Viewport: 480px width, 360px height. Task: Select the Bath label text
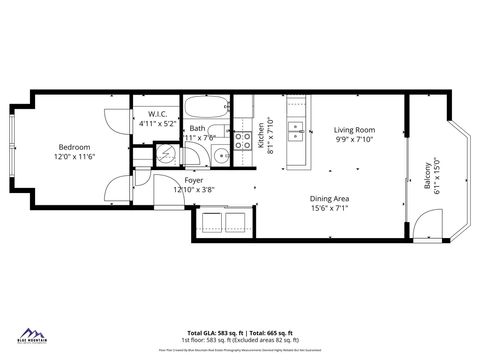pos(198,128)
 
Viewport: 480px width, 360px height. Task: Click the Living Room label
pos(353,130)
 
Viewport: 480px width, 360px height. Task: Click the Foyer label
pos(193,180)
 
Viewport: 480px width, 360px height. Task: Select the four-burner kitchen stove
pos(242,141)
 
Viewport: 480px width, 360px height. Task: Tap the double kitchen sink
pos(295,130)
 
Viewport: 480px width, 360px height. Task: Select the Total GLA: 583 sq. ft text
pos(214,332)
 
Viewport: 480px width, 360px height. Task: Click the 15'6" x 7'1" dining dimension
pos(328,207)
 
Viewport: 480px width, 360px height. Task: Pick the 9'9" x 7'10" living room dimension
pos(353,140)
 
